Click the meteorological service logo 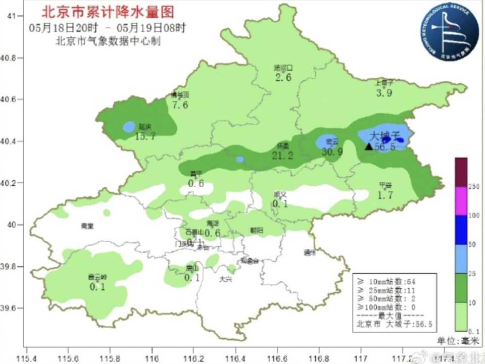click(x=450, y=33)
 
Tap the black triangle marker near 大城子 click(x=369, y=146)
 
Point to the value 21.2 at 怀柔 click(x=282, y=156)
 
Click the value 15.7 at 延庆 click(x=145, y=136)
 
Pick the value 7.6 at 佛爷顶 click(x=180, y=105)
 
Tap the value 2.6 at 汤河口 click(x=283, y=78)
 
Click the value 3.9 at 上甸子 click(x=384, y=93)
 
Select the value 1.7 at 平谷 click(x=385, y=195)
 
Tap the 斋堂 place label click(x=87, y=226)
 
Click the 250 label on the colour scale click(x=473, y=187)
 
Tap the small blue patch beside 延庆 click(x=129, y=127)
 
